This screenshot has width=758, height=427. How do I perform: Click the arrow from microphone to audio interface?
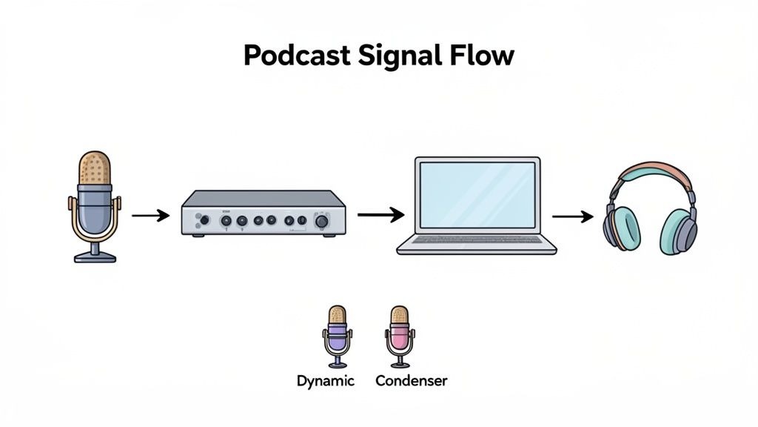coord(150,216)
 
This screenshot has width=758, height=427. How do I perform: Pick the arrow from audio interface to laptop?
coord(380,215)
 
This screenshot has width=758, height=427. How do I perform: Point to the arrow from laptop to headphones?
coord(573,216)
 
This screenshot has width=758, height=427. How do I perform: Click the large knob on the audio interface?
coord(322,221)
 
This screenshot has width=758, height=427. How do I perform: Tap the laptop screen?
coord(476,195)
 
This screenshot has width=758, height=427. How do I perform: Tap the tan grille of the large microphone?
coord(95,168)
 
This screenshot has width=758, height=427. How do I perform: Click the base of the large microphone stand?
coord(95,256)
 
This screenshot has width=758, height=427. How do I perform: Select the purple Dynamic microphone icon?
coord(337,336)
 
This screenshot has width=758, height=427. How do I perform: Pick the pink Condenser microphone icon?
coord(400,336)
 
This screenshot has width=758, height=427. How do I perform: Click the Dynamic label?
coord(325,381)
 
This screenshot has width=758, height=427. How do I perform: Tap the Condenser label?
coord(411,381)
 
